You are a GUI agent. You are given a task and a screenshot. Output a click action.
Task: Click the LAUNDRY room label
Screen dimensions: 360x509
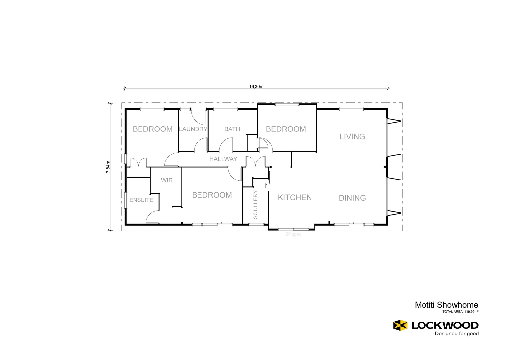(x=193, y=129)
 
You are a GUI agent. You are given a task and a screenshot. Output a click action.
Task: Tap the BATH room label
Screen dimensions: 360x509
(x=232, y=129)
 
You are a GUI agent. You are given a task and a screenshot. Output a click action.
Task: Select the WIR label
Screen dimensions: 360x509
(x=167, y=180)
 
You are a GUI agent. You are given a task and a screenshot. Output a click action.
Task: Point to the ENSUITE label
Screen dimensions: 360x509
(x=141, y=200)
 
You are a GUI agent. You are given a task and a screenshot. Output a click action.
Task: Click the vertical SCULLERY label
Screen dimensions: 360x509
(x=255, y=204)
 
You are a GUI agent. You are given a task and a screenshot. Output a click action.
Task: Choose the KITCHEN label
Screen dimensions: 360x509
(x=295, y=198)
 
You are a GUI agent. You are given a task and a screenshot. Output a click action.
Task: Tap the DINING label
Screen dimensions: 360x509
(x=352, y=198)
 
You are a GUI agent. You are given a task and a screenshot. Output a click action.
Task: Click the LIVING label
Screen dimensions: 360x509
(x=352, y=137)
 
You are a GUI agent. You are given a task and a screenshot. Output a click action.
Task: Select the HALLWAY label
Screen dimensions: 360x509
(x=223, y=159)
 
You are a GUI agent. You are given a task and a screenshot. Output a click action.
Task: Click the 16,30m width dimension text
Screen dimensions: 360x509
(x=256, y=87)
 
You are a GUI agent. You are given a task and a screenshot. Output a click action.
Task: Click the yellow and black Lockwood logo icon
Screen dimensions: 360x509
(x=400, y=325)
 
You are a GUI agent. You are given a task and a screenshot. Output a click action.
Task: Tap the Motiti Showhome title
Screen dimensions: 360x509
(x=446, y=305)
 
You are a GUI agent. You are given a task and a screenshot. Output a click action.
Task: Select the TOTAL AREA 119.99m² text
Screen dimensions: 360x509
(x=460, y=312)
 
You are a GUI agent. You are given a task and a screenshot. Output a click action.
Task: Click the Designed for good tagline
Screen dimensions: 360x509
(x=456, y=334)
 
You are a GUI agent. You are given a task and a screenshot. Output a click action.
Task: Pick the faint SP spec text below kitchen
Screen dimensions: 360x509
(x=293, y=234)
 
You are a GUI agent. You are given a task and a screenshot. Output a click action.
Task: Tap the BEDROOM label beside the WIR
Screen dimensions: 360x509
(x=212, y=195)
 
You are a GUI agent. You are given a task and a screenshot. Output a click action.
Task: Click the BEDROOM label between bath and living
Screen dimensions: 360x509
(x=286, y=129)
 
